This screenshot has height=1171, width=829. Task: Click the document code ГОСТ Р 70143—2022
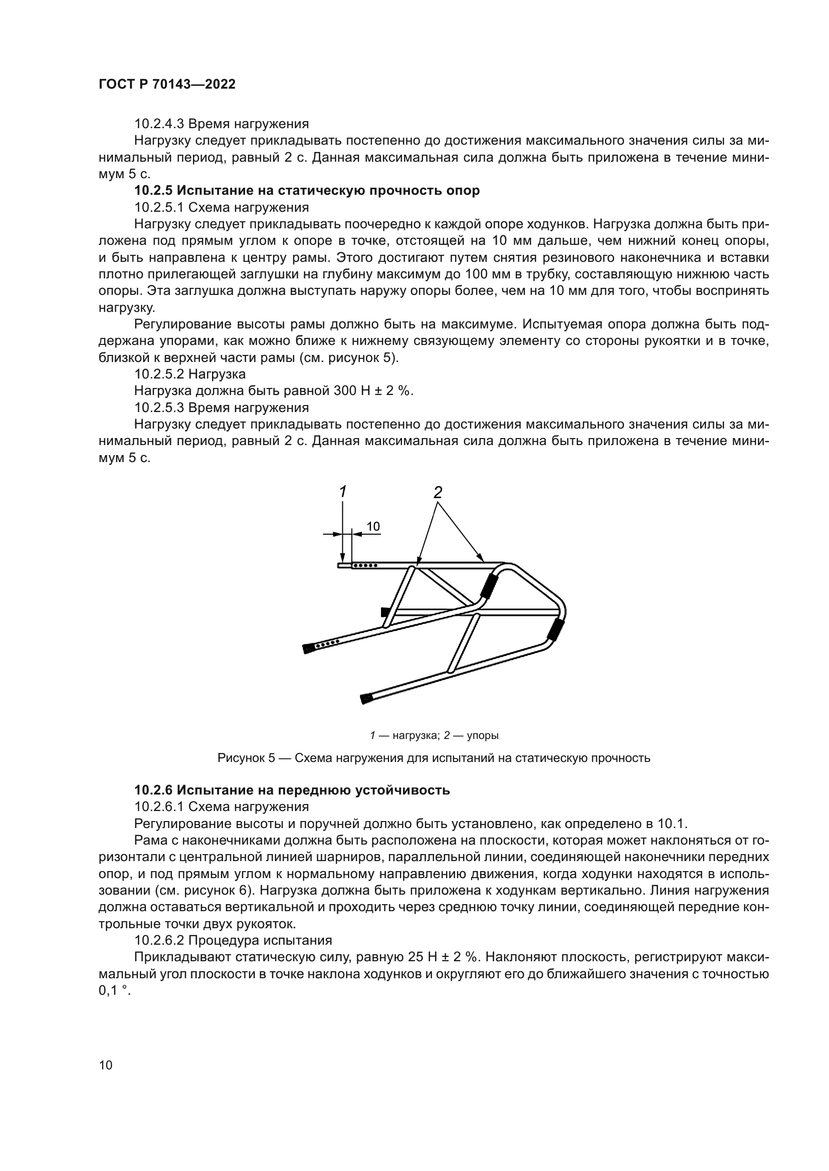click(x=167, y=85)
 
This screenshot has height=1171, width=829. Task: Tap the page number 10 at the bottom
click(x=106, y=1065)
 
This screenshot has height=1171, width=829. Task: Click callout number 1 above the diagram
click(x=343, y=492)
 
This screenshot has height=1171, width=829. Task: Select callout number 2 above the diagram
click(x=438, y=492)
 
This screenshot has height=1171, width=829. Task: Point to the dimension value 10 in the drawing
click(x=373, y=526)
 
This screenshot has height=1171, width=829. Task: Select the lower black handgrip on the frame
click(x=554, y=630)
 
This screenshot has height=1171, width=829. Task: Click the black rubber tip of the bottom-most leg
click(x=365, y=698)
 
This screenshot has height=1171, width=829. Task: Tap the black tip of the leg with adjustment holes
click(x=308, y=649)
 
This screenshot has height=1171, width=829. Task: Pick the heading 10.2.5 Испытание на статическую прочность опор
click(x=307, y=191)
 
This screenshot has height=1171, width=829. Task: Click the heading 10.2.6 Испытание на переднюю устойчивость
click(x=292, y=791)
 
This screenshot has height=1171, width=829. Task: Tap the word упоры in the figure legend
click(x=483, y=735)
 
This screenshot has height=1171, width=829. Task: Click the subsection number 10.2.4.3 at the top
click(x=159, y=124)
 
